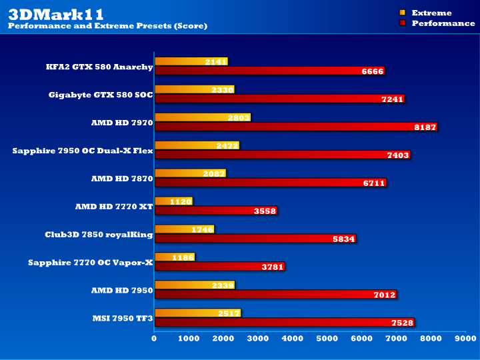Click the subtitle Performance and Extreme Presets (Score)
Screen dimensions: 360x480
click(x=107, y=26)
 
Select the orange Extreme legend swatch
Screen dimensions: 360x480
click(x=402, y=13)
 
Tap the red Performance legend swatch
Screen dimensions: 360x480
click(x=402, y=23)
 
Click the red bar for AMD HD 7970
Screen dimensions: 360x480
click(x=295, y=127)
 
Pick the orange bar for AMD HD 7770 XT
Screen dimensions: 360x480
click(x=173, y=201)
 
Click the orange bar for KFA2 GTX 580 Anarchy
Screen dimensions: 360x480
click(x=191, y=61)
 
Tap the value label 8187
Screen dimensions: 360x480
click(x=424, y=127)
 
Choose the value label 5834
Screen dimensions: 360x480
click(x=343, y=239)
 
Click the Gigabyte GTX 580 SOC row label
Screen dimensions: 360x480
click(x=101, y=95)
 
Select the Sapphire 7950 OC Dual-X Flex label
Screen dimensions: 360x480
click(x=83, y=151)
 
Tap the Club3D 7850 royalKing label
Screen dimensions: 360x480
click(x=98, y=235)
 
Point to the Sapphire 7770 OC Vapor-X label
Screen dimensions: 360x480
click(x=91, y=263)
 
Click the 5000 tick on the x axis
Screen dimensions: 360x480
click(x=327, y=338)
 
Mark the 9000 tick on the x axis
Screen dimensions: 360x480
click(x=465, y=338)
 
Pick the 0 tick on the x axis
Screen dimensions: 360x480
click(x=154, y=338)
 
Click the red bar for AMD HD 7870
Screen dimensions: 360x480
click(x=270, y=183)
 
